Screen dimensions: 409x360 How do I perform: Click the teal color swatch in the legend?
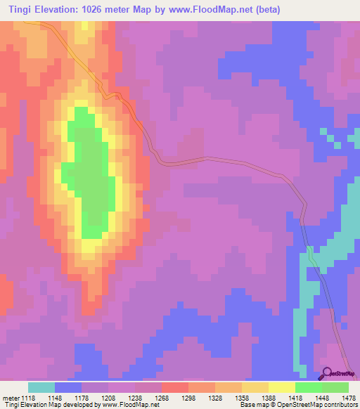click(41, 387)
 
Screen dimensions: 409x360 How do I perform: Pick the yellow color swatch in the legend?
click(282, 387)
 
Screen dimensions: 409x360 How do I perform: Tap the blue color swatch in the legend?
click(68, 387)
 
